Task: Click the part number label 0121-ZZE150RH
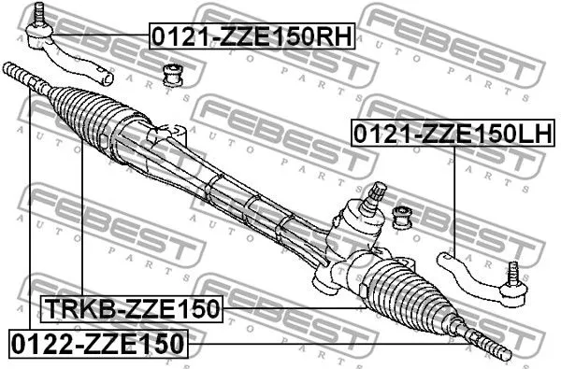(x=252, y=37)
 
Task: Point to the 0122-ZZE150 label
(x=98, y=343)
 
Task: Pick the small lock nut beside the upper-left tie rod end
(x=172, y=74)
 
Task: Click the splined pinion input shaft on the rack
(x=375, y=195)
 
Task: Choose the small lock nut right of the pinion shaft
(x=404, y=218)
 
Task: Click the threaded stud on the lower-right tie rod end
(x=511, y=274)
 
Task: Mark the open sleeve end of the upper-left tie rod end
(x=107, y=78)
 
